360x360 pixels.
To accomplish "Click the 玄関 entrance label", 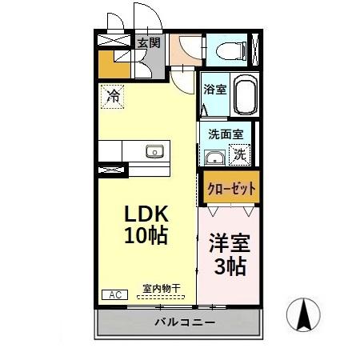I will pos(148,43).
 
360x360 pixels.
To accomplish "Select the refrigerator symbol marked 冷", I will pos(113,99).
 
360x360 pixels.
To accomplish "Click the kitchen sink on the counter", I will pos(154,151).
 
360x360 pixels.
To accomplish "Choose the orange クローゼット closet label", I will pos(231,189).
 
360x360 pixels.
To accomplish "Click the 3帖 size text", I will pos(229,266).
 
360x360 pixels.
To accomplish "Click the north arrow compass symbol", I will pos(305,314).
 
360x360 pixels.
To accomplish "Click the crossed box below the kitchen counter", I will pos(112,170).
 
